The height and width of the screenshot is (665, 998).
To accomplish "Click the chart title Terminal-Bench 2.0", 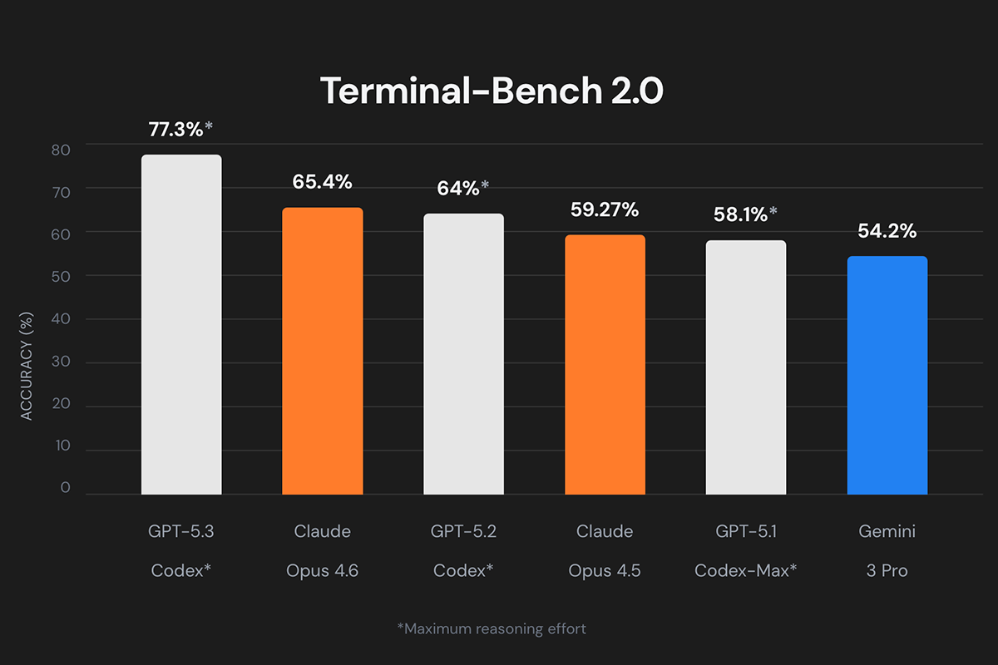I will (492, 91).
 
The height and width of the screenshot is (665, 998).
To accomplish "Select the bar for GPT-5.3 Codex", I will (181, 324).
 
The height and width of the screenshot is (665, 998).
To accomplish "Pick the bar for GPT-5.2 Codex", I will (463, 353).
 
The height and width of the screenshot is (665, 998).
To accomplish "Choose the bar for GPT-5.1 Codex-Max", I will (746, 367).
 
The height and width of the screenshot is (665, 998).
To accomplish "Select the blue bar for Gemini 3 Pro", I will (887, 375).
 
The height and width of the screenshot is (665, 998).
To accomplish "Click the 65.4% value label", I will (322, 181).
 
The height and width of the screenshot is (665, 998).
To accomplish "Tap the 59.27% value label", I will (605, 209).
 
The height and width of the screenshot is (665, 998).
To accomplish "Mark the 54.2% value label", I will (887, 231).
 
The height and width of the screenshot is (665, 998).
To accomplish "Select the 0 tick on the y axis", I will (66, 488).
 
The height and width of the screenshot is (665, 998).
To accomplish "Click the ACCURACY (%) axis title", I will (27, 366).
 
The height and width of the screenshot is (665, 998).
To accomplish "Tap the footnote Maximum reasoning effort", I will (492, 628).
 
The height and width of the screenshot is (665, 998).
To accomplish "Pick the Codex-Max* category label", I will (745, 571).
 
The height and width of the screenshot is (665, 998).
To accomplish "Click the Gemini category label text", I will (887, 531).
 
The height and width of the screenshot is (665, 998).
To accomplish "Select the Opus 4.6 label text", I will (322, 571).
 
